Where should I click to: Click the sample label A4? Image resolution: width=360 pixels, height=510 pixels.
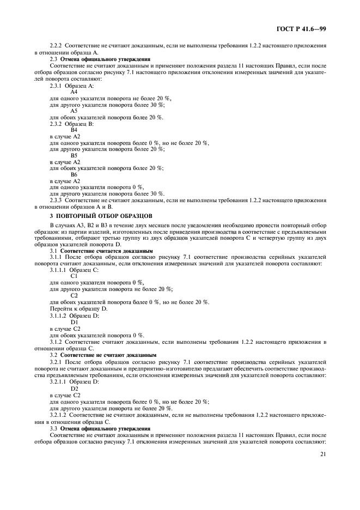(74, 92)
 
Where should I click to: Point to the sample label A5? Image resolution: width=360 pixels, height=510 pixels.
(74, 111)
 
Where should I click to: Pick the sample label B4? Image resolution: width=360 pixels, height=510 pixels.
(74, 130)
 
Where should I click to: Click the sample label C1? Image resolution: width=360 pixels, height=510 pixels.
(74, 276)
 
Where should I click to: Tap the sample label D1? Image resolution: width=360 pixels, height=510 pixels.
(75, 323)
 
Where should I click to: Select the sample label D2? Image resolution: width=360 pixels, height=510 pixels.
(75, 388)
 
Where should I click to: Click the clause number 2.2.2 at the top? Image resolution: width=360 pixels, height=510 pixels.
(57, 46)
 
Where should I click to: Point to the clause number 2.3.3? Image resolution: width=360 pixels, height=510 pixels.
(57, 200)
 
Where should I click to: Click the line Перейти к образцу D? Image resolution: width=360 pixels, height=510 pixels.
(78, 308)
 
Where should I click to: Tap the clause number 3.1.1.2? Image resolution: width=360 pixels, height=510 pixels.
(60, 316)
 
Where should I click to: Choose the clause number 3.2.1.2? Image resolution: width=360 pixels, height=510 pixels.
(60, 415)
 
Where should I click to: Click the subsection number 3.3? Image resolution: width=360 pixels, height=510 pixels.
(53, 429)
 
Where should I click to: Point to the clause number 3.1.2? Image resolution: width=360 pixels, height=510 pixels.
(57, 342)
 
